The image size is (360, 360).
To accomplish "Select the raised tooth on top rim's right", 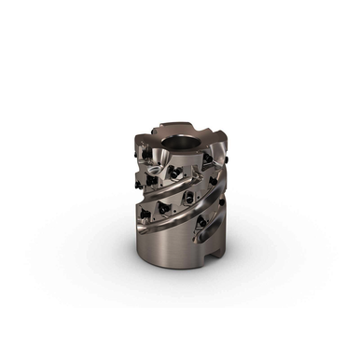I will [216, 141].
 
